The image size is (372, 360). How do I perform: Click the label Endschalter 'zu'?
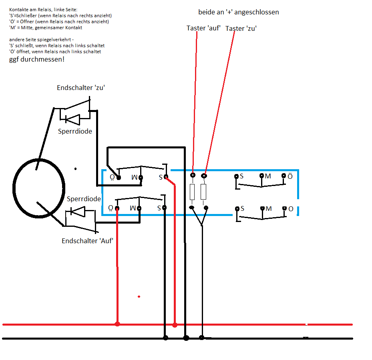(80, 88)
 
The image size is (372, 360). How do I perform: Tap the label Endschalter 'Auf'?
(87, 241)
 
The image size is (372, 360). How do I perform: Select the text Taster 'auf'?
(203, 28)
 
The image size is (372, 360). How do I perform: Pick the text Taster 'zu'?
(241, 28)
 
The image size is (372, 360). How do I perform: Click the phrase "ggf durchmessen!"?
(37, 59)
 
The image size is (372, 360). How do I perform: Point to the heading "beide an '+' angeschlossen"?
(238, 12)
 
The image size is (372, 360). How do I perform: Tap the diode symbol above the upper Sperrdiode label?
(72, 120)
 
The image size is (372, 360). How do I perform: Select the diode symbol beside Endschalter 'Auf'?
(78, 212)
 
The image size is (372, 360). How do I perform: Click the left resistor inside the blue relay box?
(192, 192)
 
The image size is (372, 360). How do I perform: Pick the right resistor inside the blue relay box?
(203, 192)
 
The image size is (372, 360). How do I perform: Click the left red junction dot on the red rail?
(117, 324)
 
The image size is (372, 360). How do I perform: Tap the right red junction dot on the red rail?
(175, 325)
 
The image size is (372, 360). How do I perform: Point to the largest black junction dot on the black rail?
(186, 338)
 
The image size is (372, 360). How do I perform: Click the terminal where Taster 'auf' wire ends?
(193, 175)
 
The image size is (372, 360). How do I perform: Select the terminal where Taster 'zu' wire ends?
(204, 176)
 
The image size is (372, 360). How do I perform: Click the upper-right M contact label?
(268, 176)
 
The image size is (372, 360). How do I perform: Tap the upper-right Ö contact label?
(290, 176)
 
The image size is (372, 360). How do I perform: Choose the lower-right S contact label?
(242, 208)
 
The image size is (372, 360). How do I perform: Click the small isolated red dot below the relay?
(139, 296)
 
